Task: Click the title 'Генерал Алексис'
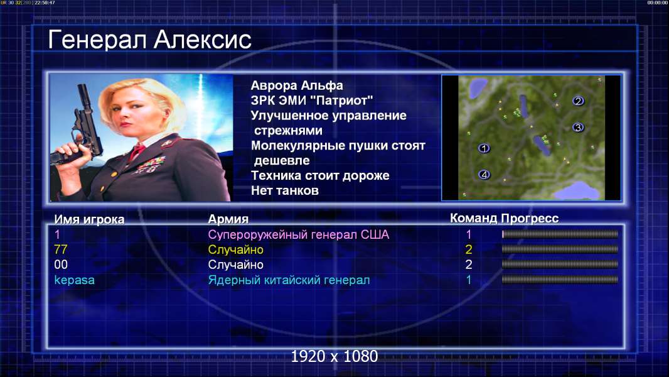coord(149,40)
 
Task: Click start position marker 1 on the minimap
coord(484,148)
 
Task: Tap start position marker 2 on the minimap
coord(578,101)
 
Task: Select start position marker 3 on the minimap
coord(578,127)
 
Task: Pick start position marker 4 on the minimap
coord(484,174)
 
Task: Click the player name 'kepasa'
coord(74,280)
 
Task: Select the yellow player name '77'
coord(61,249)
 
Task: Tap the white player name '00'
coord(61,265)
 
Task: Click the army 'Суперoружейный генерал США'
coord(298,234)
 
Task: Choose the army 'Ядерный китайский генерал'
coord(289,280)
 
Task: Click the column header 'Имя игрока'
coord(89,219)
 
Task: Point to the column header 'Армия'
coord(228,219)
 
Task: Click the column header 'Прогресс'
coord(530,219)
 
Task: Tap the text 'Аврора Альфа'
coord(296,85)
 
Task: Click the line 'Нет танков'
coord(284,190)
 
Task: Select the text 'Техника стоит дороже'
coord(320,175)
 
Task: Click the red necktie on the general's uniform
coord(137,151)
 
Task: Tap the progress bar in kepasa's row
coord(560,280)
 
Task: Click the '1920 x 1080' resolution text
coord(334,356)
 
